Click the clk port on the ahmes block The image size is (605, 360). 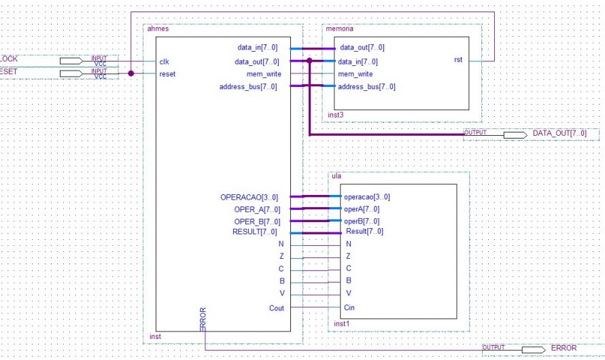164,61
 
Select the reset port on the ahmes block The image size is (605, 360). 167,73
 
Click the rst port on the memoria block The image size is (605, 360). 458,60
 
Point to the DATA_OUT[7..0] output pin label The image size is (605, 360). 559,134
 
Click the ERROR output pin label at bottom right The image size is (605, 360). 563,348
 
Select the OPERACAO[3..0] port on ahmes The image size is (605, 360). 249,197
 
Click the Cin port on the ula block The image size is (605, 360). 349,308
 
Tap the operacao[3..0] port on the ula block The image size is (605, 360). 367,197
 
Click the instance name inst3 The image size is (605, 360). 336,115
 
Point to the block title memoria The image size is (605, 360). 340,29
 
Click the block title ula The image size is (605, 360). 335,176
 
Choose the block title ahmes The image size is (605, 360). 158,29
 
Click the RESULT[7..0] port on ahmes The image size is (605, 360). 256,232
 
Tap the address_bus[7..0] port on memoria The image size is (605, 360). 366,86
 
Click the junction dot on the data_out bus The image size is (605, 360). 309,61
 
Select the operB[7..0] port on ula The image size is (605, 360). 362,221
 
